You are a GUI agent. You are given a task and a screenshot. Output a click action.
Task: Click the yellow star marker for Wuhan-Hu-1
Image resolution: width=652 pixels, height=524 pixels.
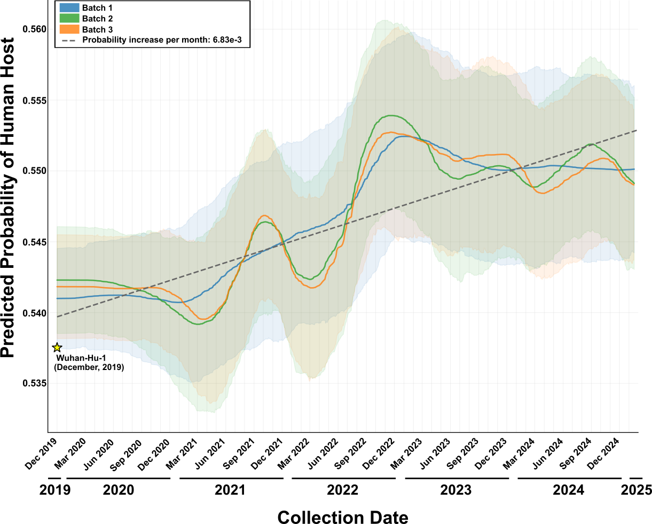[x=58, y=348]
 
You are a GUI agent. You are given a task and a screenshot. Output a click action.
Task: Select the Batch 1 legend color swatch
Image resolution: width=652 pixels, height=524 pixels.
[x=69, y=8]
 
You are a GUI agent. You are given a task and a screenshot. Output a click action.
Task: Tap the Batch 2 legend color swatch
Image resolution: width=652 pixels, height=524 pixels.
[x=69, y=19]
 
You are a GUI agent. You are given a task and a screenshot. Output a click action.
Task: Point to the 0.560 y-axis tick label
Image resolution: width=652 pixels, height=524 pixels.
[x=33, y=29]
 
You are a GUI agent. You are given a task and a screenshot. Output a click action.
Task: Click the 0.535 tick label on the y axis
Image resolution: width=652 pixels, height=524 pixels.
[x=33, y=383]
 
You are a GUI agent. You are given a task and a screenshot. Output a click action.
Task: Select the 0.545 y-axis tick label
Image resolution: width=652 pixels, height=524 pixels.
[x=33, y=242]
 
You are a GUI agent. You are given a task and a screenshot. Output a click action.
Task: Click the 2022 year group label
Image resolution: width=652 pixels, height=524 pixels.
[x=343, y=490]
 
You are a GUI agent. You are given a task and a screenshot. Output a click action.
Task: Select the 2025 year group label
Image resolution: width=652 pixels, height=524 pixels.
[x=637, y=490]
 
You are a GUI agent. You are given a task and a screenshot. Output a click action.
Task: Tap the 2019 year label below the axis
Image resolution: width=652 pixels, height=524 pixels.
[x=54, y=490]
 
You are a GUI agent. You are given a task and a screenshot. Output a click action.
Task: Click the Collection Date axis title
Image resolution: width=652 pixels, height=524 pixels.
[x=343, y=517]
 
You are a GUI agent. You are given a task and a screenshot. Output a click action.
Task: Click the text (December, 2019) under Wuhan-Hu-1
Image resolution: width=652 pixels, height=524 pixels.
[x=89, y=367]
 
